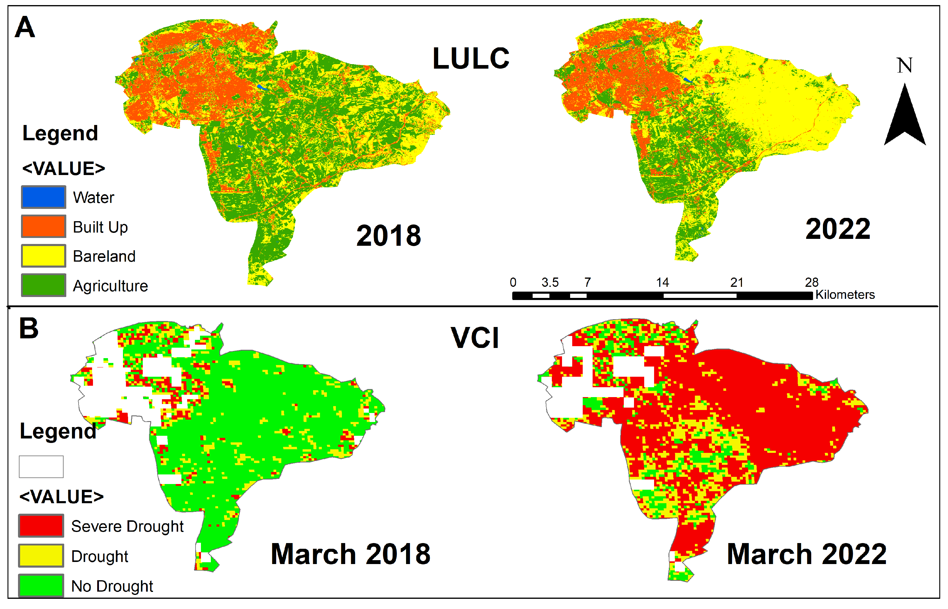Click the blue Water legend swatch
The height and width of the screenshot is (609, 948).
point(43,197)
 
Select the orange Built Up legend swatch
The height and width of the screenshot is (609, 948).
point(43,226)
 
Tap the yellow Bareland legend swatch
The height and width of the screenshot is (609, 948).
point(43,256)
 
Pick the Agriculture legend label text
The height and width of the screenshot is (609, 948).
point(110,286)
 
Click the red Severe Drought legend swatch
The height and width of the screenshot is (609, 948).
point(41,526)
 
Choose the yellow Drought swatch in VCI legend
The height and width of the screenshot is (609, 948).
point(41,556)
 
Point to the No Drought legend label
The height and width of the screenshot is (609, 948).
point(112,586)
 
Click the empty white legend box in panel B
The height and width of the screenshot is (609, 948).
point(41,467)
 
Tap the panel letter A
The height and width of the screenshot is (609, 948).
point(25,27)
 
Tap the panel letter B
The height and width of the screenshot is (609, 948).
point(29,328)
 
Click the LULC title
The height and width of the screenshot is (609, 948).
point(471,58)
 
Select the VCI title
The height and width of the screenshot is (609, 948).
point(475,338)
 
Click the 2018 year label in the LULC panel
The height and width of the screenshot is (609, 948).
point(389,236)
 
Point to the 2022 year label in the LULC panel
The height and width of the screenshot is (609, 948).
point(838,229)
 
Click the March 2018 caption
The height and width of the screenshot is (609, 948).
point(351,554)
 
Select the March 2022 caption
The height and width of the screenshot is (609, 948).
point(807,554)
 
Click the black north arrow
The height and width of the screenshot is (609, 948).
point(905,119)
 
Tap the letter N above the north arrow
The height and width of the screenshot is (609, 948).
point(905,66)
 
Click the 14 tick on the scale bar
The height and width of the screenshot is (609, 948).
point(662,282)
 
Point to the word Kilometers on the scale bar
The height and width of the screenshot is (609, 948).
point(845,295)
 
